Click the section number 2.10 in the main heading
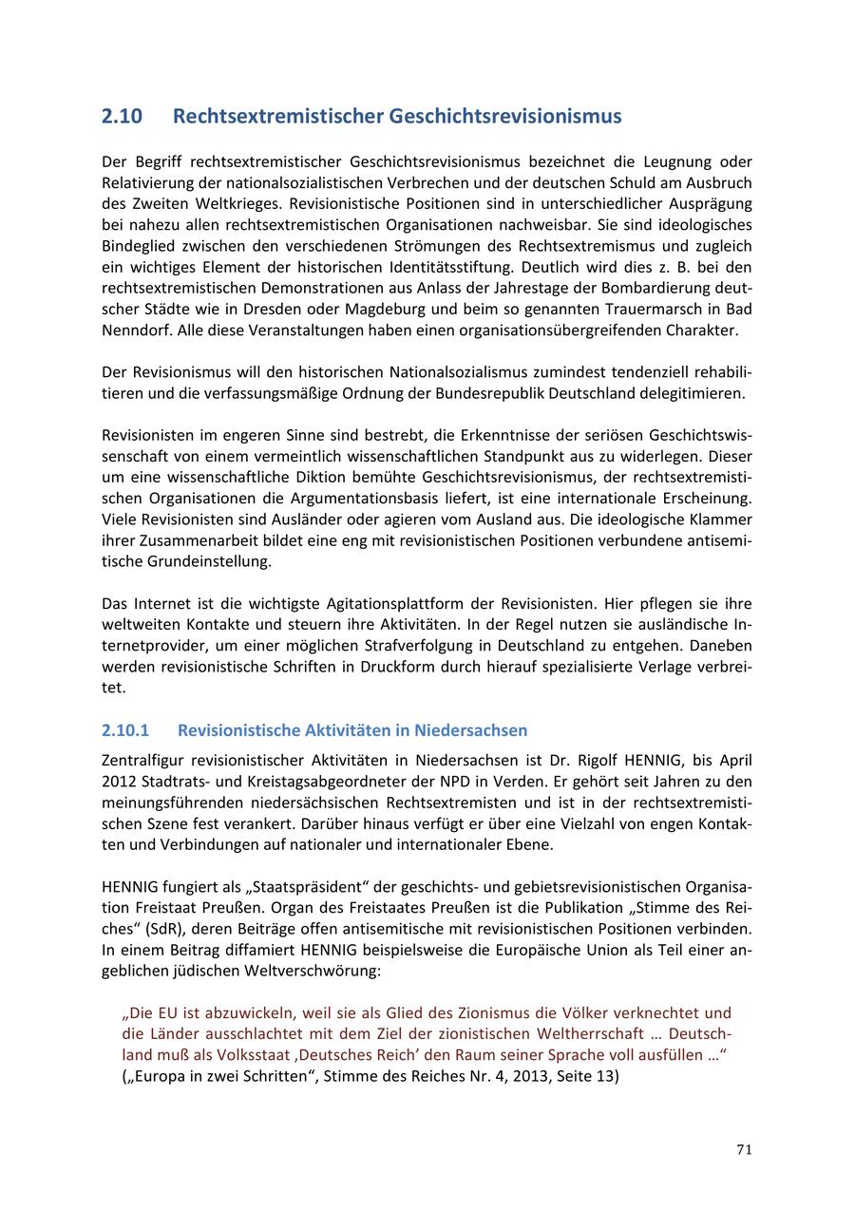pos(122,117)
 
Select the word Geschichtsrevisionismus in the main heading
pos(504,117)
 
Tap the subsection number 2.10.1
pos(125,730)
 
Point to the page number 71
pos(744,1150)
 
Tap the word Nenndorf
pos(135,331)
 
